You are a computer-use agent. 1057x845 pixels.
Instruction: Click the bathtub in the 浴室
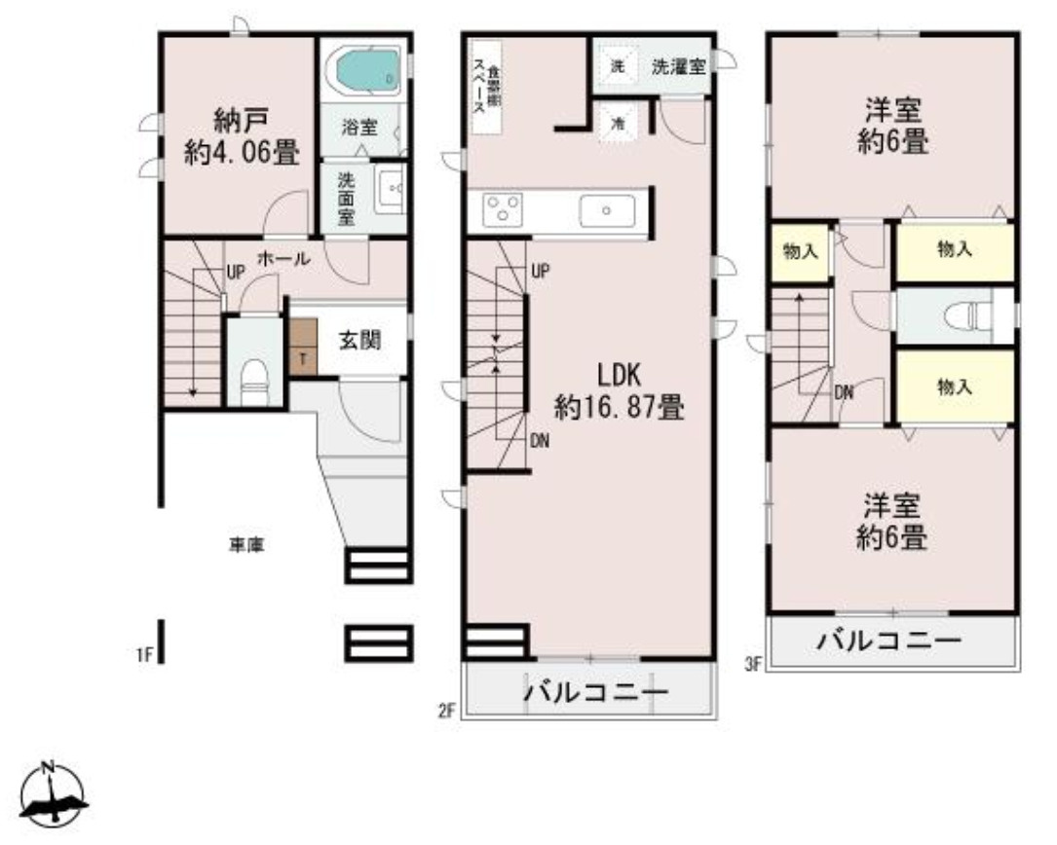(361, 70)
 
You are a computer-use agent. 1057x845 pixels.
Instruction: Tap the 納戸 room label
(241, 121)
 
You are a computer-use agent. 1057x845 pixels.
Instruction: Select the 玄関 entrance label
(359, 341)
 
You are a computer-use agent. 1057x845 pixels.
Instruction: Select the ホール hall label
(283, 259)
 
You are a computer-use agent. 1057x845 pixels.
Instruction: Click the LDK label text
(619, 376)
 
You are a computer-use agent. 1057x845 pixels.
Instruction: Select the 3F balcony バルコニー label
(889, 643)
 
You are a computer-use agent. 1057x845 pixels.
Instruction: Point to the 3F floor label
(751, 665)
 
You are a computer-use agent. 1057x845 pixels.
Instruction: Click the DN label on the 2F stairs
(539, 441)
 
